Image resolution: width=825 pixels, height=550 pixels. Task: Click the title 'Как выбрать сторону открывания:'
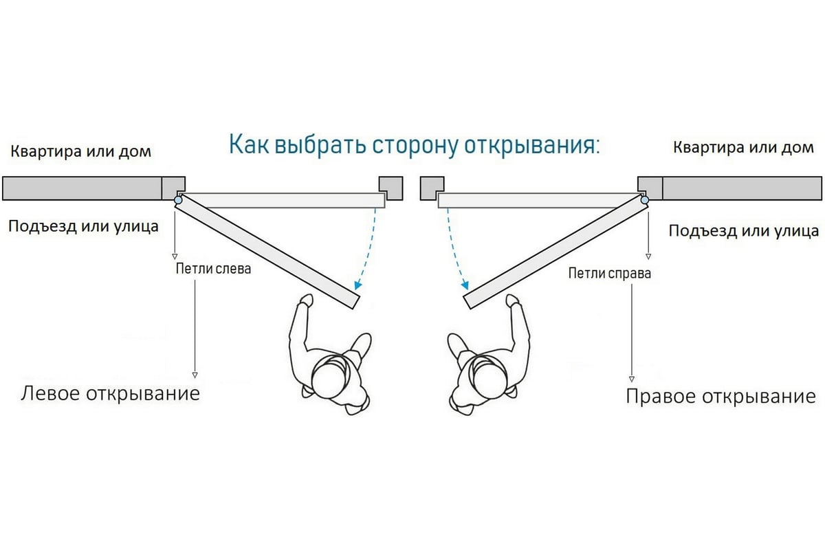point(414,146)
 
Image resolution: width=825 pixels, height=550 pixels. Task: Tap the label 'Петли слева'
point(214,269)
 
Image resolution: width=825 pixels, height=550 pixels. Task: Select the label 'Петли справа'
point(609,274)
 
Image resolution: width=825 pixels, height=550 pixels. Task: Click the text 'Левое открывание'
point(111,394)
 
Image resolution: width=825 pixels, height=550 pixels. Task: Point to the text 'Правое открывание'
point(720,397)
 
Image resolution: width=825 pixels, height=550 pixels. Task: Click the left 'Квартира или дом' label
point(80,151)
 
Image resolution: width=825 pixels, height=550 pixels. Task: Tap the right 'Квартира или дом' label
point(743,147)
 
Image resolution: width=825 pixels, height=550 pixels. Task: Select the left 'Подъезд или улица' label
point(83,225)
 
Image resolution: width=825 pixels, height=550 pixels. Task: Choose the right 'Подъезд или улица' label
point(744,230)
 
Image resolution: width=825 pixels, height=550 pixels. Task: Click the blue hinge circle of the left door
point(179,201)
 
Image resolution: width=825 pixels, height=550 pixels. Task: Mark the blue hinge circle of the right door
point(645,201)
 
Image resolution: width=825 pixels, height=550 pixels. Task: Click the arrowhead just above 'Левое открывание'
point(195,375)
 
